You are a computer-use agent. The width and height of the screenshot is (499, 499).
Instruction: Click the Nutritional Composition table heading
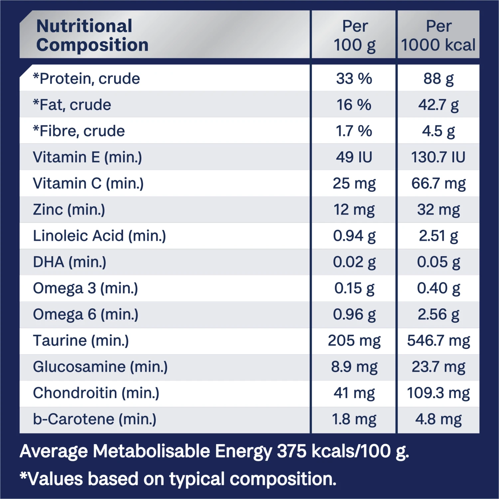point(92,35)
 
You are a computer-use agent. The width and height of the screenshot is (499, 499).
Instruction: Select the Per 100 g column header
point(355,35)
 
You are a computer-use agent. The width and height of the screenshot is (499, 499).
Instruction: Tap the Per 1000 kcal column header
point(438,35)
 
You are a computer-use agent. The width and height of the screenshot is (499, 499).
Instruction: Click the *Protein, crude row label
point(86,79)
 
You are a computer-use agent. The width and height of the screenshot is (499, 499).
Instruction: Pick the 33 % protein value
point(354,79)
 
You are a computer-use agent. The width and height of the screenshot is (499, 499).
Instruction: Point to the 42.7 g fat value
point(438,105)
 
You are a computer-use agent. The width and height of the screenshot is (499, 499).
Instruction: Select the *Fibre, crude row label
point(79,131)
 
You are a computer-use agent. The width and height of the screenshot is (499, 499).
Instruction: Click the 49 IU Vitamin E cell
point(354,157)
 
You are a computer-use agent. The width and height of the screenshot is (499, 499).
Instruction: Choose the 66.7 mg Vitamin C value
point(438,183)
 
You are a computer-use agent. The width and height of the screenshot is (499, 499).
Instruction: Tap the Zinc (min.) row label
point(69,210)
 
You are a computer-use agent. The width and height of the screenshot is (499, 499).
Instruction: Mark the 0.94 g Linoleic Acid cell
point(354,236)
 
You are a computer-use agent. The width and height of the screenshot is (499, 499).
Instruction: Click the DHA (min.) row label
point(70,262)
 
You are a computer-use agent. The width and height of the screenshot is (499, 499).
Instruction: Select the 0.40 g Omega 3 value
point(438,288)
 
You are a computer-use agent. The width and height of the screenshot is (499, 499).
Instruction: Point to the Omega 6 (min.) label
point(85,314)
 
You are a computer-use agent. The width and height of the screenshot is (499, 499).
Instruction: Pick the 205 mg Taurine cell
point(354,341)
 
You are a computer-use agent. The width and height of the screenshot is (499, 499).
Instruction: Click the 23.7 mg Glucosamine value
point(438,367)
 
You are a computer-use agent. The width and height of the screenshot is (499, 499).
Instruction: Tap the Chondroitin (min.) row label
point(96,393)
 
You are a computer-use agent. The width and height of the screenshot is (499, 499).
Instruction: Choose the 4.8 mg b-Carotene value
point(438,419)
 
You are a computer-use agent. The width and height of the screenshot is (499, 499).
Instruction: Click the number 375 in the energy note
point(292,451)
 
